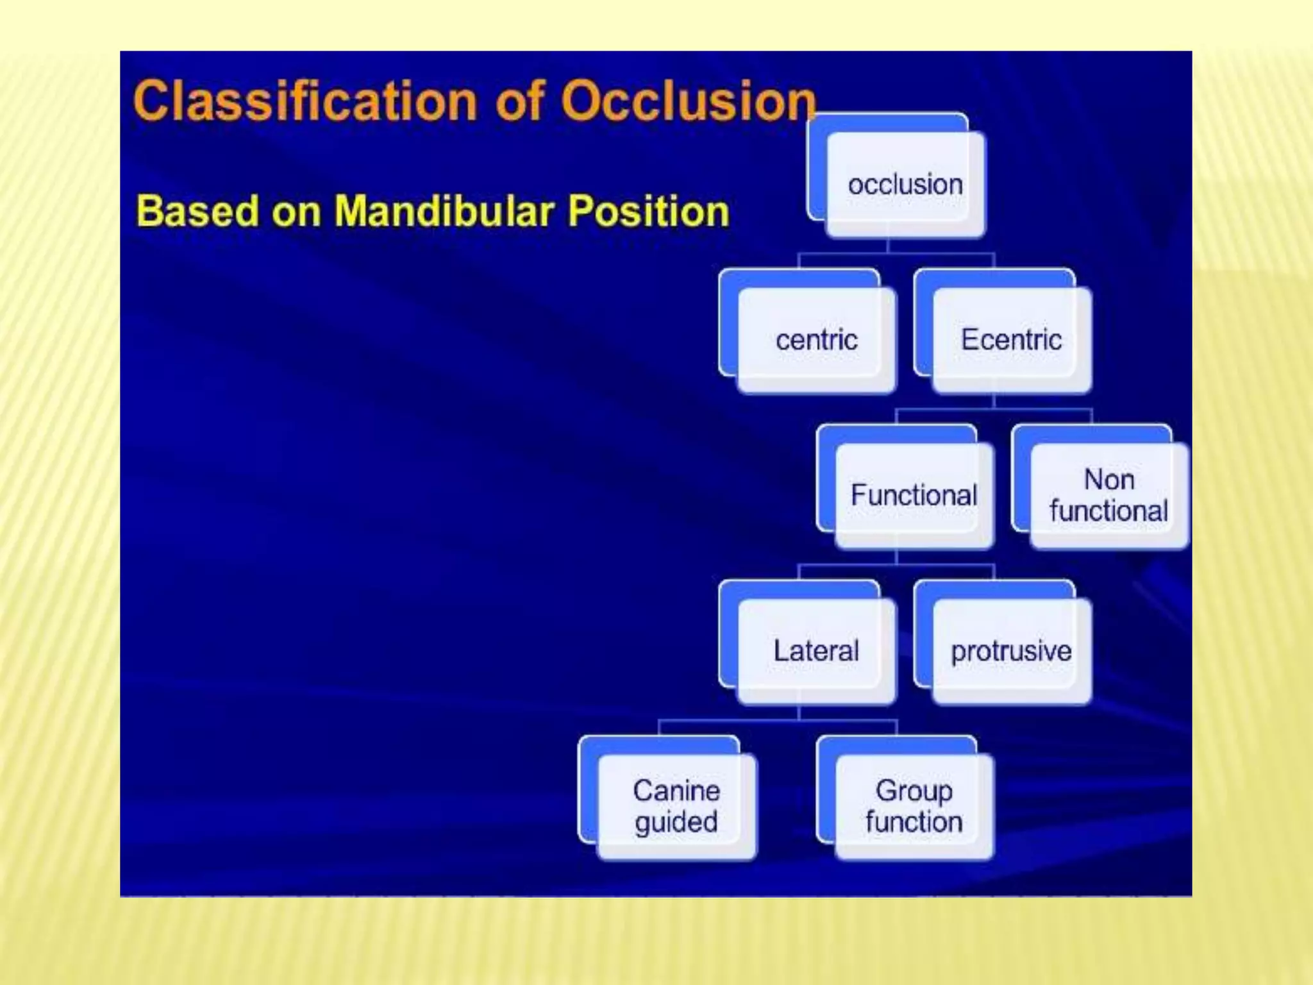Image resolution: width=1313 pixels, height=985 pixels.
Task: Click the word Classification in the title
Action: pos(305,101)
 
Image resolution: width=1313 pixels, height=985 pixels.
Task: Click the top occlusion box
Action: pos(905,184)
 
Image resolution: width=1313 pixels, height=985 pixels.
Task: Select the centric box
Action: pos(816,340)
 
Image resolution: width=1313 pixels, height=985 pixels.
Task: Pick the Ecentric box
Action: pos(1011,340)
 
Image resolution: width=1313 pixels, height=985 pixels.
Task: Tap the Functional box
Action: pos(914,495)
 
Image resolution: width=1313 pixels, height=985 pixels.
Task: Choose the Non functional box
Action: pos(1108,495)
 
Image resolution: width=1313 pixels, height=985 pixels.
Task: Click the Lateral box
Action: pos(815,651)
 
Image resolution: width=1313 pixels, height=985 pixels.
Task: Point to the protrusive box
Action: pos(1011,651)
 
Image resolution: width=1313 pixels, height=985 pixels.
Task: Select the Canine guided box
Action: pos(676,806)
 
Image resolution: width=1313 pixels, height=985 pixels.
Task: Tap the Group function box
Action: pos(914,806)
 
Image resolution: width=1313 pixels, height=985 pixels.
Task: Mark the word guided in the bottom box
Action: pos(676,822)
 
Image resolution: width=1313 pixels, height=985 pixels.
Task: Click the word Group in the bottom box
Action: pos(914,791)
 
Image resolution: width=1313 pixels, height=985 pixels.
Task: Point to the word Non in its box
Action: pos(1108,480)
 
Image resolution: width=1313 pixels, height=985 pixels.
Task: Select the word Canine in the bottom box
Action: pos(676,791)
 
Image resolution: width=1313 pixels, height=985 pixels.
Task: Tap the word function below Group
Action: pos(914,822)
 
